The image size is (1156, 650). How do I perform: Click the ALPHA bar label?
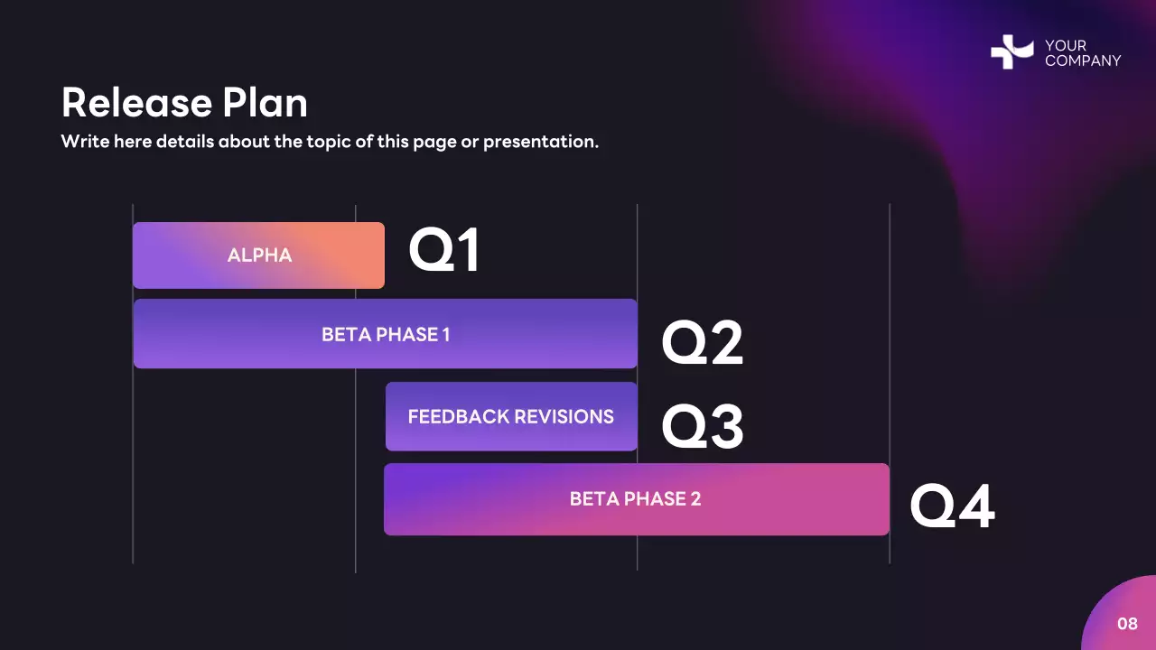[259, 255]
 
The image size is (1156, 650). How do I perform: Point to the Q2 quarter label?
[702, 344]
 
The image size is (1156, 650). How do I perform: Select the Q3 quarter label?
[702, 427]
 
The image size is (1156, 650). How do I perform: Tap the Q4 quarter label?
[951, 507]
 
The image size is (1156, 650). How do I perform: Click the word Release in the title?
[126, 103]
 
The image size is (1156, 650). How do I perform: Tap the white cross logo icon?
[1011, 52]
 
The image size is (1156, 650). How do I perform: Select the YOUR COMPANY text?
[1082, 53]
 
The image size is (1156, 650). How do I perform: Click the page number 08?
[1127, 624]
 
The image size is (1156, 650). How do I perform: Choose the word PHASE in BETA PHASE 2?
[649, 498]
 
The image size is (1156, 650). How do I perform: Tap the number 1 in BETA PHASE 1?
[445, 335]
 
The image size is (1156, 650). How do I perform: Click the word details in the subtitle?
[184, 142]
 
